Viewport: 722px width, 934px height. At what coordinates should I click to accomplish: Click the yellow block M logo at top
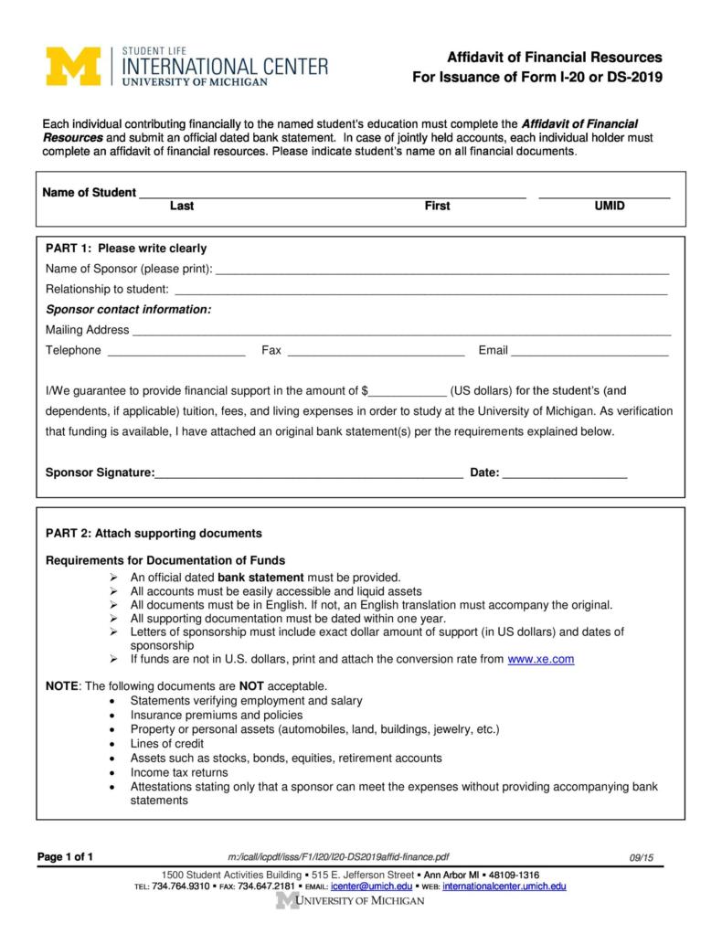[72, 66]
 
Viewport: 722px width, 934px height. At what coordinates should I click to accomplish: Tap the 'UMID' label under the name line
[610, 207]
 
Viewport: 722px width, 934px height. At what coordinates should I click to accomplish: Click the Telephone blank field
[176, 352]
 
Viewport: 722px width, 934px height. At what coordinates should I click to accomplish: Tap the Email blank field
[589, 352]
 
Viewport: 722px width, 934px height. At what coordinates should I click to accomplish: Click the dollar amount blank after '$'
[407, 390]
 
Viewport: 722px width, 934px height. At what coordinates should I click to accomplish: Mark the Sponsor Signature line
[309, 473]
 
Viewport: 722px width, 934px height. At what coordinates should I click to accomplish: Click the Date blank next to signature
[565, 473]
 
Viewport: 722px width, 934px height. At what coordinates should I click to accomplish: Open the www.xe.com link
[540, 659]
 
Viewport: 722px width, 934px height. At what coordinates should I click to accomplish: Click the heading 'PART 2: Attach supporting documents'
[154, 534]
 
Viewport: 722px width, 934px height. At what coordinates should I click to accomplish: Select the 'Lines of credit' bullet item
[166, 744]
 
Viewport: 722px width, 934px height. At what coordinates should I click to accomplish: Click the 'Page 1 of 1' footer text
[65, 856]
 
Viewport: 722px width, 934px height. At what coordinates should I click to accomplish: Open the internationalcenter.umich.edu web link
[504, 886]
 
